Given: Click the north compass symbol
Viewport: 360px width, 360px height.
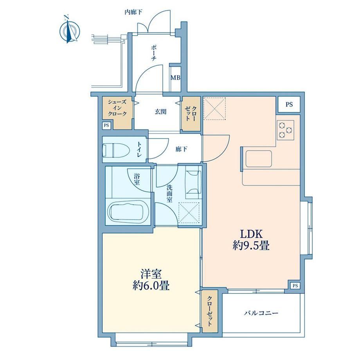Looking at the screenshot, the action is click(70, 30).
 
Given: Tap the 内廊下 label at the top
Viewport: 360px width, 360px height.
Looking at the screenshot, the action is click(133, 12).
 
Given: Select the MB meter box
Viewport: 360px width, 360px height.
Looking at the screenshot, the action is click(175, 77).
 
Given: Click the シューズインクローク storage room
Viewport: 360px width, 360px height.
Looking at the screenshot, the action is click(117, 113).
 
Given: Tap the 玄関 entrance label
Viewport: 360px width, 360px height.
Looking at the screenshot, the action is click(160, 112).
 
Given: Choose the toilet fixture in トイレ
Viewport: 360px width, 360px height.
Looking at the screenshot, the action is click(116, 150).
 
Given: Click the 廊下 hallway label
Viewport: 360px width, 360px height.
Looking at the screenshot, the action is click(181, 149).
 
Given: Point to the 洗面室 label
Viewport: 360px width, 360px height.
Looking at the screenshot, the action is click(169, 194).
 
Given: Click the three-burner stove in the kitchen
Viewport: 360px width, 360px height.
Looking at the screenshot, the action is click(285, 130).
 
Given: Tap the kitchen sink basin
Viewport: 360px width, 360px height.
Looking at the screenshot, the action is click(259, 158).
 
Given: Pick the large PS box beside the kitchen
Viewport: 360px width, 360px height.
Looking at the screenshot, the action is click(289, 104).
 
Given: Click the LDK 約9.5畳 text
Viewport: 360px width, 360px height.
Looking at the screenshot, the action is click(251, 240).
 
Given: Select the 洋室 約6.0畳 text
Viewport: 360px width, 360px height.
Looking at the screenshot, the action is click(151, 280).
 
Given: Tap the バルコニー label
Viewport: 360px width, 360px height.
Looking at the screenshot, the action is click(261, 313).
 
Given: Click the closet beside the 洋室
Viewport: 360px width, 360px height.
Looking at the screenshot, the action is click(210, 311).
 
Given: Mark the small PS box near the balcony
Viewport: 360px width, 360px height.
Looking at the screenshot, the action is click(295, 286).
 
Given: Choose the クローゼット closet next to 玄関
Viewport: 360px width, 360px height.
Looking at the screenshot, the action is click(191, 113).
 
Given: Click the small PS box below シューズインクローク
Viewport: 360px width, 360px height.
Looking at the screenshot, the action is click(106, 126).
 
